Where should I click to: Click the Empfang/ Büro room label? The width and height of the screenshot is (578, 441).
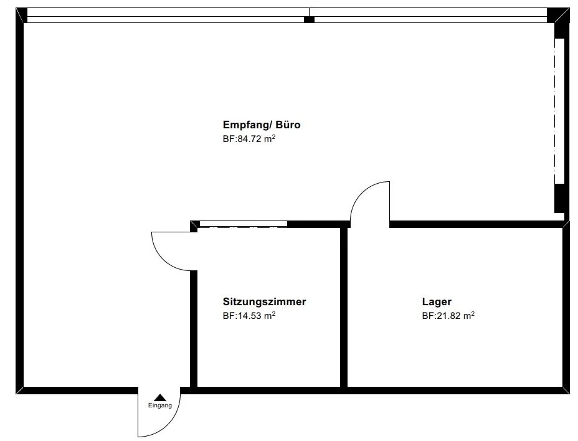[262, 125]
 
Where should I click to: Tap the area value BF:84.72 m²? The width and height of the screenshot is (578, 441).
[249, 139]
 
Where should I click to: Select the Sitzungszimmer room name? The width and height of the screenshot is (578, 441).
[264, 301]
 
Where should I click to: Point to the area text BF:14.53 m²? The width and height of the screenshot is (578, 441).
[249, 316]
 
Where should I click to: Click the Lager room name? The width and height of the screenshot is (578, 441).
[437, 301]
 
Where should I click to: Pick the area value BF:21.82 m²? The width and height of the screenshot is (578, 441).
[448, 316]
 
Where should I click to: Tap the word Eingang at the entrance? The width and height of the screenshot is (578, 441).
[160, 405]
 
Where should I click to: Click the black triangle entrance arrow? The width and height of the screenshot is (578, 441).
[160, 397]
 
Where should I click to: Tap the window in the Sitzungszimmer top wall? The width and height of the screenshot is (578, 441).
[244, 224]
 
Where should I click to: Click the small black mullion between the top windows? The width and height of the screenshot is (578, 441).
[310, 19]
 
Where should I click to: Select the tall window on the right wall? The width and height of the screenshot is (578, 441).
[559, 111]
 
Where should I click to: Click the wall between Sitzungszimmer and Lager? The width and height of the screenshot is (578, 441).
[344, 307]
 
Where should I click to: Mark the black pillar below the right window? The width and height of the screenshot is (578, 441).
[559, 198]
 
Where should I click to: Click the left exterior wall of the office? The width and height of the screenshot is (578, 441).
[19, 201]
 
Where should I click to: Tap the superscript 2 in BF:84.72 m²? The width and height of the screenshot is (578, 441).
[274, 136]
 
